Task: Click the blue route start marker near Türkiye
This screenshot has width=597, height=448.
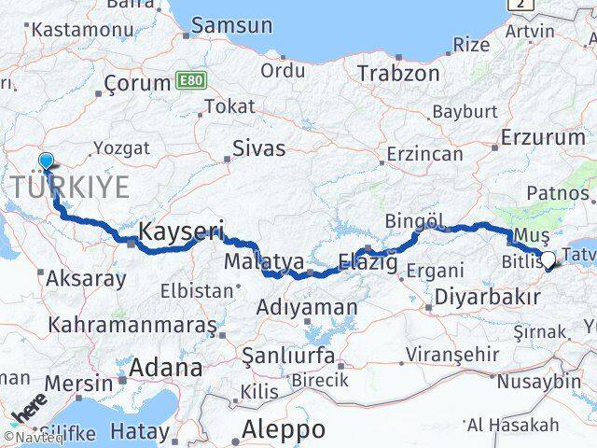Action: (x=46, y=161)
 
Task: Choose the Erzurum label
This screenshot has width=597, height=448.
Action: (x=543, y=137)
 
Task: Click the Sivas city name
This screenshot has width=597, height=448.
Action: (x=258, y=147)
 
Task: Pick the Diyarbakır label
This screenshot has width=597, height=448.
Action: (x=487, y=298)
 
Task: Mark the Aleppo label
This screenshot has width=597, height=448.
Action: (x=284, y=429)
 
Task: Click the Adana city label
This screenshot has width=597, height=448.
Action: (x=165, y=367)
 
